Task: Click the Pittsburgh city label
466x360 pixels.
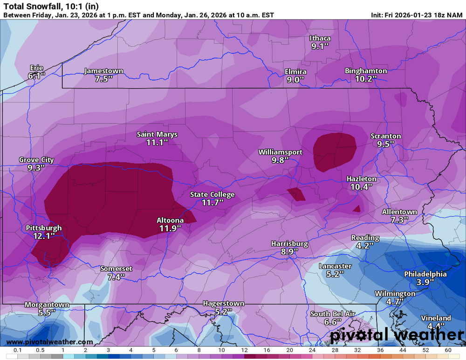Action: pos(44,228)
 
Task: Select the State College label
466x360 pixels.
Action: pos(212,194)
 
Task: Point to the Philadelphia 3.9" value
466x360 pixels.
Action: pos(425,282)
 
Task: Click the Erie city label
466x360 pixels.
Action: pos(36,68)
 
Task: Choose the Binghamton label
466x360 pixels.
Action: pos(366,71)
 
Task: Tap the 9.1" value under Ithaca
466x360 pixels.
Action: pos(320,46)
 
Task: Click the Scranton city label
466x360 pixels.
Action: pos(385,136)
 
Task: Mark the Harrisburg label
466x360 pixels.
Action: pos(289,243)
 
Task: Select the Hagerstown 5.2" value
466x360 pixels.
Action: pos(223,312)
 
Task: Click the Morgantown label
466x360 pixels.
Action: pos(47,305)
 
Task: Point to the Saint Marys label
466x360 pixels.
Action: pos(157,134)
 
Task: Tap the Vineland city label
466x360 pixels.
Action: pos(436,318)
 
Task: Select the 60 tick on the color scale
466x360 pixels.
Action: pos(448,350)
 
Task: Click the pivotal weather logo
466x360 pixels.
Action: pos(396,334)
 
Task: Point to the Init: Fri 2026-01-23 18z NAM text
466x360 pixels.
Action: pos(417,14)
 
